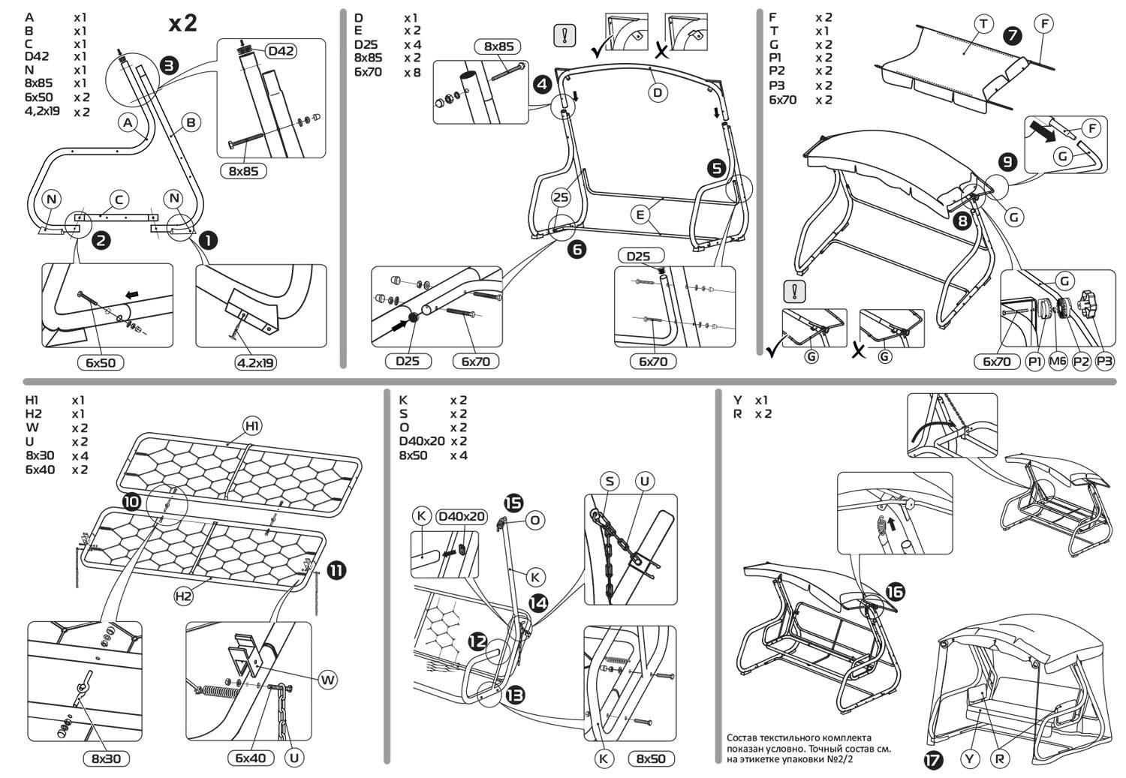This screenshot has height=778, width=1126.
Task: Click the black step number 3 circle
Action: point(170,65)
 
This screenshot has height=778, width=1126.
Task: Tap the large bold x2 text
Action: point(182,23)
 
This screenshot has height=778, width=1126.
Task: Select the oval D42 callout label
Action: point(281,51)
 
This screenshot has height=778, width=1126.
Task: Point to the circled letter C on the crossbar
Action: point(119,200)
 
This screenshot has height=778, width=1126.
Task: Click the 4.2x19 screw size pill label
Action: point(256,362)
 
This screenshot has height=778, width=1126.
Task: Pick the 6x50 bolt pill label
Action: point(101,362)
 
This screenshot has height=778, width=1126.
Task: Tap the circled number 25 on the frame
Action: point(561,197)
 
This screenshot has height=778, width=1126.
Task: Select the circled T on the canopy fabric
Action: point(983,25)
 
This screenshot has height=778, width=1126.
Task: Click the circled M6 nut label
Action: point(1058,362)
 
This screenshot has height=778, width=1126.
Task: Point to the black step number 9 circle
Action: point(1007,161)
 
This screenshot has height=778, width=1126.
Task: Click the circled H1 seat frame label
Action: point(252,426)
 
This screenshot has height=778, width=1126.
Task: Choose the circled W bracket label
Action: point(327,680)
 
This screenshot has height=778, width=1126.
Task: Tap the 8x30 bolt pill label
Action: point(106,758)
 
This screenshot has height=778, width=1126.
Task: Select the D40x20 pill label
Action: point(461,516)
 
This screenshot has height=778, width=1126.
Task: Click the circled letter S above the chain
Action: point(610,481)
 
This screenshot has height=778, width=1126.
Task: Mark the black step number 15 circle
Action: point(514,503)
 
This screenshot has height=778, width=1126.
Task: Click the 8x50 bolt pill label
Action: point(650,758)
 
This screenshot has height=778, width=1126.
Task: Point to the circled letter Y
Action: point(971,759)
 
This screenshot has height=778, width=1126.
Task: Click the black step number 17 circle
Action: point(933,760)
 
